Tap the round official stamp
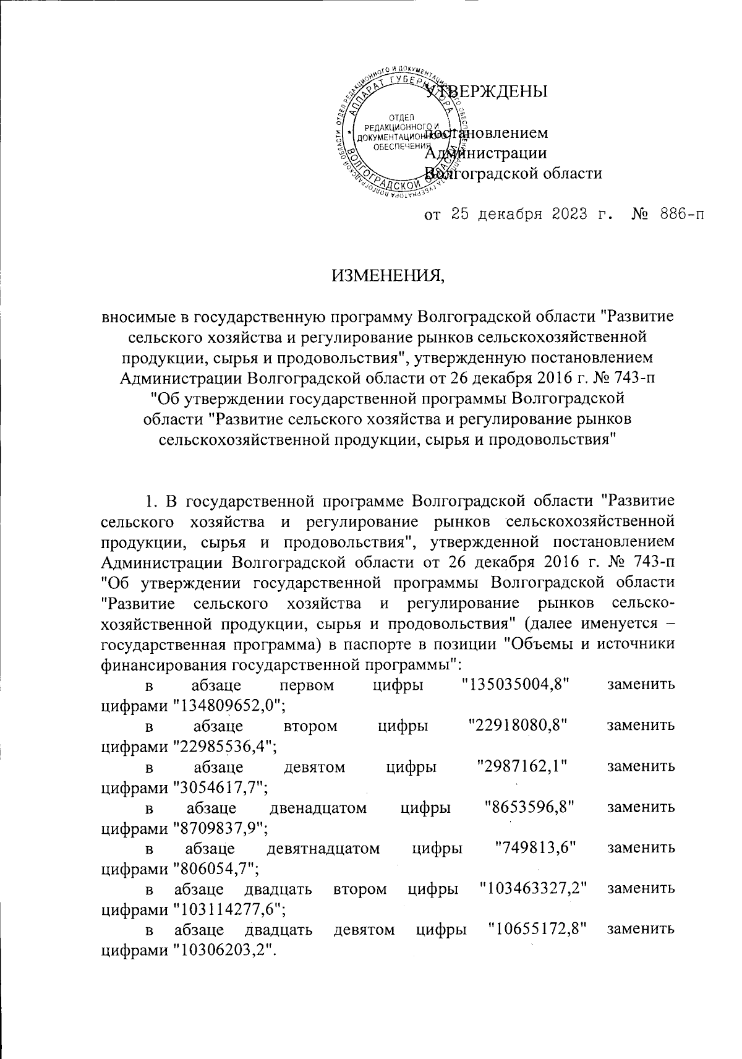tap(406, 132)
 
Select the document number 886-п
tap(668, 215)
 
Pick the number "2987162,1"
tap(522, 767)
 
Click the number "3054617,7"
tap(218, 787)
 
